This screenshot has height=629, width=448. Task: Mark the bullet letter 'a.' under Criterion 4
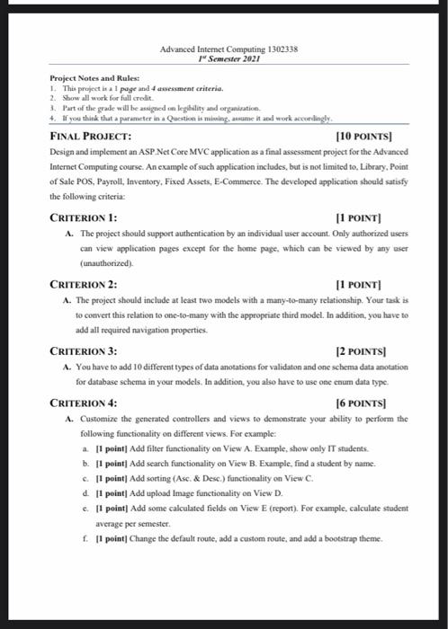(x=85, y=447)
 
